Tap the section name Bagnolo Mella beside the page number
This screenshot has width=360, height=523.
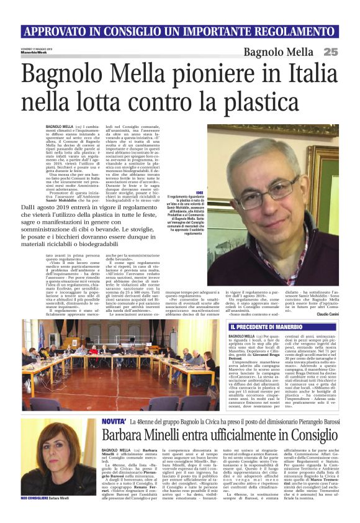(279, 52)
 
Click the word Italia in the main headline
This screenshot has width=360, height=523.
(304, 75)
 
